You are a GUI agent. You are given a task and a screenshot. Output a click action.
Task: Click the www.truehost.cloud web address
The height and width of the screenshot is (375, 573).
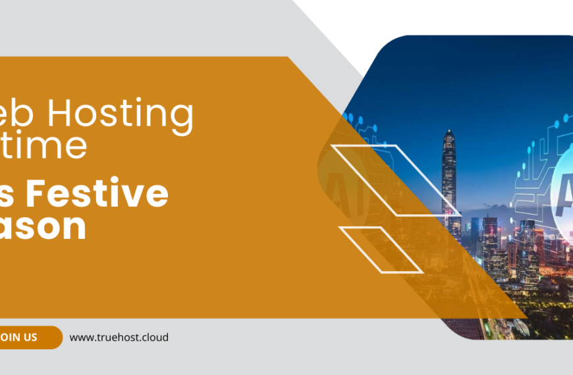(119, 337)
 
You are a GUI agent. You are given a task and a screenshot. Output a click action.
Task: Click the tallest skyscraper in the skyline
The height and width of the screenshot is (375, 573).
(449, 178)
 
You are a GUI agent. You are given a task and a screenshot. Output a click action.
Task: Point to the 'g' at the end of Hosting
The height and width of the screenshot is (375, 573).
(183, 118)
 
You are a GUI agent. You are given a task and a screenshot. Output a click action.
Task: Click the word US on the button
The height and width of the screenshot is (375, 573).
(29, 337)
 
